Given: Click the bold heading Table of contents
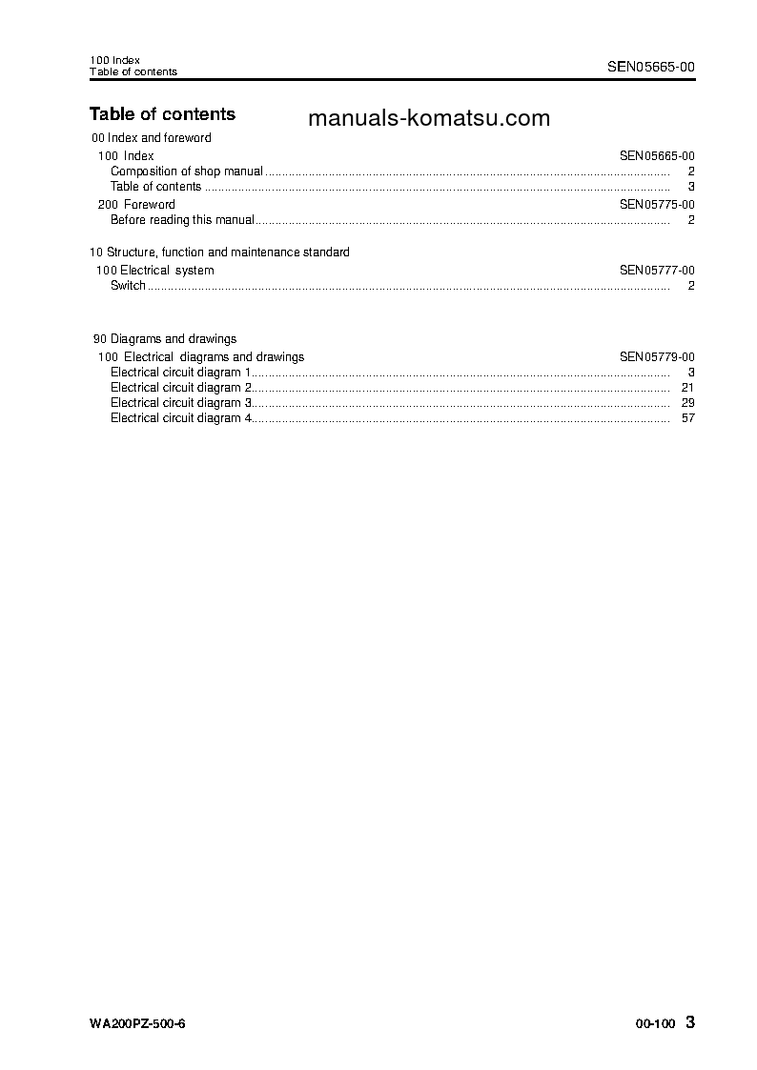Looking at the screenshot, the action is pos(162,114).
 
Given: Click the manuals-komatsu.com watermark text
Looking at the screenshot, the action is pos(430,118).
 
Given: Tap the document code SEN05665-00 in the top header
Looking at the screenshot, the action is pos(651,67).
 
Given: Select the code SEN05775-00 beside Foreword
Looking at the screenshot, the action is pos(657,204).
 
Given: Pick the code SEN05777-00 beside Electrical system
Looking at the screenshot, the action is pos(657,271).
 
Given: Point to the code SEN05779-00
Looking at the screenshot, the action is pos(657,357).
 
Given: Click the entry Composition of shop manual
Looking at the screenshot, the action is pos(187,172).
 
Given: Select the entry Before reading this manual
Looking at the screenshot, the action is pos(182,220).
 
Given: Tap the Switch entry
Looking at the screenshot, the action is pos(128,286).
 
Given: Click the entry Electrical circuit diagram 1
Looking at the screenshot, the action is pos(181,373).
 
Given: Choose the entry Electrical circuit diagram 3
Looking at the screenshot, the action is pos(181,403).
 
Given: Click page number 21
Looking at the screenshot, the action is pos(688,388).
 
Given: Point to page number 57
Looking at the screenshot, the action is pos(688,418).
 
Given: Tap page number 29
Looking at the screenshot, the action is pos(688,403).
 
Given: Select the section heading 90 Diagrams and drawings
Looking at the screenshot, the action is pos(165,338).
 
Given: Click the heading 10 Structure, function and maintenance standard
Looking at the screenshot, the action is pos(219,252).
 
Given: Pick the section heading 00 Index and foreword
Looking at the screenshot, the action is pos(152,138).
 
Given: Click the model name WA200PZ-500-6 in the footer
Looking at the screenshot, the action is pos(137,1024).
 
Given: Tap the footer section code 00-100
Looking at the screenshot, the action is pos(655,1024).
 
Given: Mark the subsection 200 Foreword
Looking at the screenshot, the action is pos(137,204).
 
